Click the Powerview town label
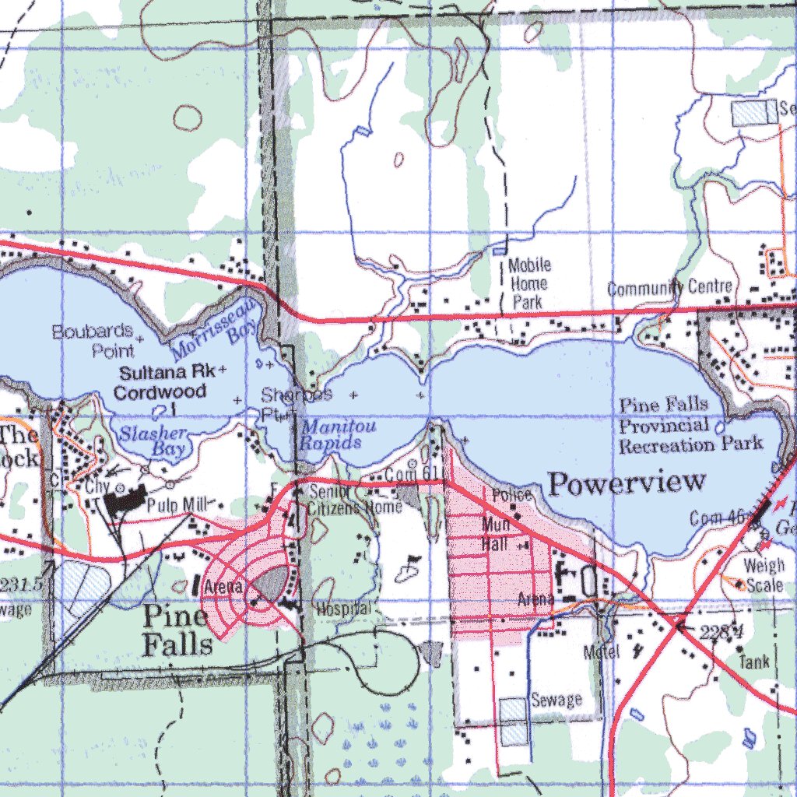tap(627, 483)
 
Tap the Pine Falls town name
tap(177, 630)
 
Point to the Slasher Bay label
tap(152, 441)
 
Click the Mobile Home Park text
tap(528, 283)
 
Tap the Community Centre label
tap(669, 288)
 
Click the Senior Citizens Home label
tap(354, 500)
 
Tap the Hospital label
tap(342, 609)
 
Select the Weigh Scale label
tap(763, 574)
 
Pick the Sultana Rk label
tap(167, 372)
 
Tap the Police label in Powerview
tap(511, 495)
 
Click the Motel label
tap(601, 652)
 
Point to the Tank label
tap(753, 662)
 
